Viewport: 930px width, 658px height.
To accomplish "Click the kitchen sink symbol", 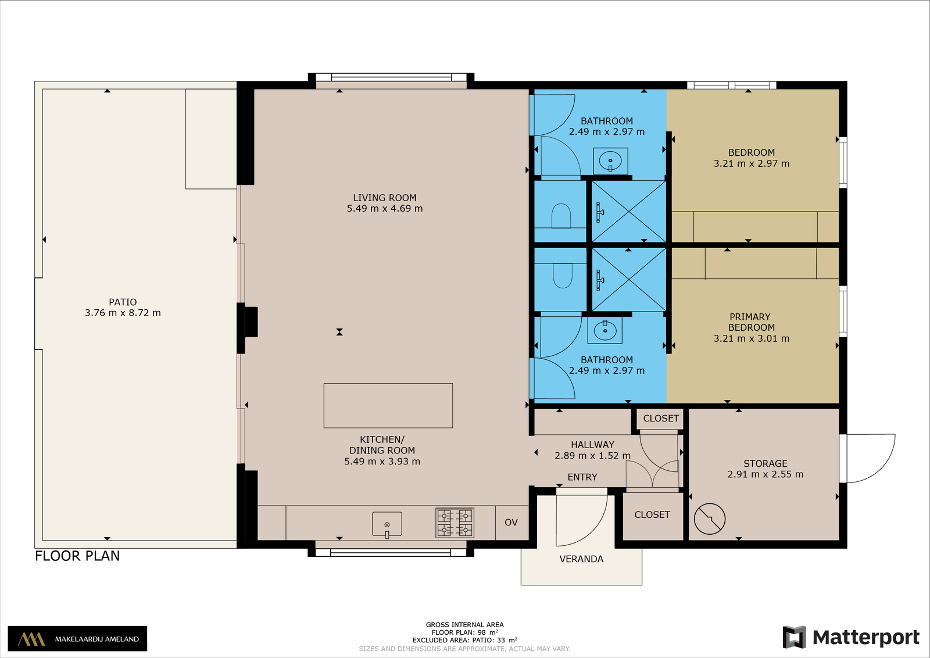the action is [x=387, y=524].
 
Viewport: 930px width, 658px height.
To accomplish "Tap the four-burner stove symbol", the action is [x=455, y=523].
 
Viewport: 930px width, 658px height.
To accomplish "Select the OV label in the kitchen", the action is [x=511, y=522].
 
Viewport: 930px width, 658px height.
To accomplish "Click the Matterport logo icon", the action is [x=794, y=637].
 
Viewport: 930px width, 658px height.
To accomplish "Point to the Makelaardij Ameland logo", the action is [x=77, y=638].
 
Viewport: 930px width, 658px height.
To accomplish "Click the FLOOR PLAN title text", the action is [x=77, y=556].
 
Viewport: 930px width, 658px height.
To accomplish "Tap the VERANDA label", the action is [x=581, y=559].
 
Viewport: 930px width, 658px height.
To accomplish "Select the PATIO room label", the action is [x=123, y=302].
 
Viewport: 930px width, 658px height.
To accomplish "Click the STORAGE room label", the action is [x=765, y=463].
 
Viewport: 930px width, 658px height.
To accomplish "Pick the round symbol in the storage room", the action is [x=710, y=518].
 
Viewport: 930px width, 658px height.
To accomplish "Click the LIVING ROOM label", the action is [x=384, y=198].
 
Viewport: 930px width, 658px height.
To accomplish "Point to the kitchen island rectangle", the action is [x=388, y=406].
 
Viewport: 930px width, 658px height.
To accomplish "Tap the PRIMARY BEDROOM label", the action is [x=750, y=322].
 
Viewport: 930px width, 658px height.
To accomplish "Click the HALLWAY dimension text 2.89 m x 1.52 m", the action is [x=592, y=455].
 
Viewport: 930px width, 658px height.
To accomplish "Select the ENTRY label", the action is [x=582, y=477].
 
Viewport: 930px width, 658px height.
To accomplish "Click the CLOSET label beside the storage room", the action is [x=652, y=515].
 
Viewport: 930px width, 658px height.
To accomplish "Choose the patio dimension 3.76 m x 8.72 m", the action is [x=123, y=313].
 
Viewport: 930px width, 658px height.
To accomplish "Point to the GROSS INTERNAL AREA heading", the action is [x=464, y=624].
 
